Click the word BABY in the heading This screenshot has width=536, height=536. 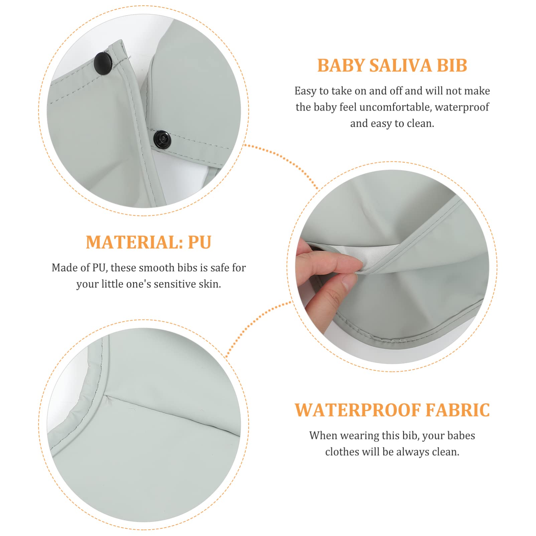pyautogui.click(x=341, y=65)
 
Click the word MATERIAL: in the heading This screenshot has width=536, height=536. pyautogui.click(x=134, y=242)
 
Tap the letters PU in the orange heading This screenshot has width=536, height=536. pyautogui.click(x=199, y=242)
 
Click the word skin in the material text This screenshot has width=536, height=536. pyautogui.click(x=210, y=284)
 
